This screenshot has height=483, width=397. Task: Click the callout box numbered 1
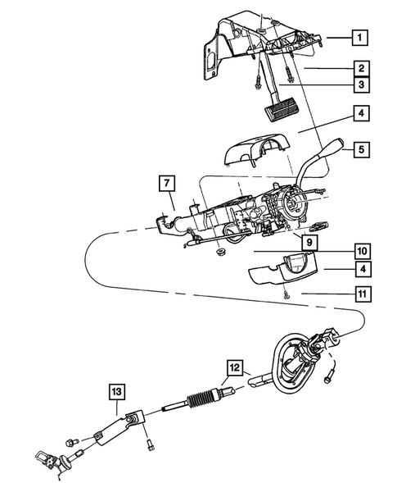360,36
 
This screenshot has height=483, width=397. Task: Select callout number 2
360,68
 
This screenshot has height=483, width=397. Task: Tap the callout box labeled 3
360,84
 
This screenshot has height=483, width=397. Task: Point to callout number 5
360,150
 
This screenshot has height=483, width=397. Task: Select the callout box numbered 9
309,242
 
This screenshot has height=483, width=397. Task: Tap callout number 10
360,251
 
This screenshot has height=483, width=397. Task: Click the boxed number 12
235,369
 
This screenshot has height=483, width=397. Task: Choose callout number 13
115,392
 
